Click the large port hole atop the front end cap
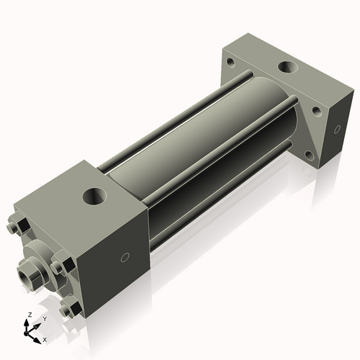(x=94, y=195)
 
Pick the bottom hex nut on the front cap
(x=70, y=310)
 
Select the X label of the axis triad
(x=45, y=338)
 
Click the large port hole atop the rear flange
(x=287, y=68)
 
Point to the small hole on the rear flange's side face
(x=336, y=130)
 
